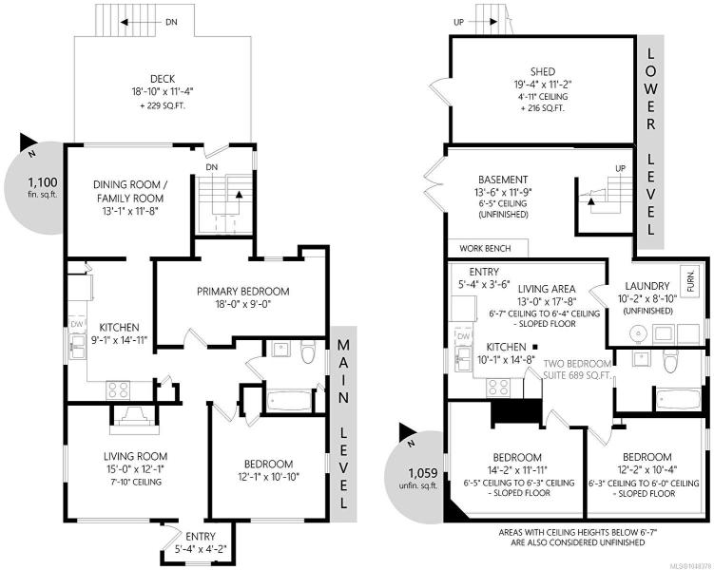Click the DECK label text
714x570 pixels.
click(x=163, y=79)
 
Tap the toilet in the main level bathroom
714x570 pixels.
click(x=308, y=351)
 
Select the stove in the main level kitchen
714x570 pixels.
click(x=118, y=389)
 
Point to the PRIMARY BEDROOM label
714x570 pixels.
click(x=242, y=291)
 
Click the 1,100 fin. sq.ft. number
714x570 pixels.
click(x=43, y=182)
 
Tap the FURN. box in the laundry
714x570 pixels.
click(x=690, y=281)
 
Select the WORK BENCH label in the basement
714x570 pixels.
click(x=485, y=248)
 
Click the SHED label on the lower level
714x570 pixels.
click(x=543, y=71)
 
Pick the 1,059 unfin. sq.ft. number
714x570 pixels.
click(x=423, y=473)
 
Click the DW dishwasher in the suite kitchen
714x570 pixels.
click(x=463, y=336)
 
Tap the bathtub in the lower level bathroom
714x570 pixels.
click(x=678, y=399)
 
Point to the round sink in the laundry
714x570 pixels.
click(x=638, y=334)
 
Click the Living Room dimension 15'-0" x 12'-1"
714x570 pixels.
click(x=135, y=469)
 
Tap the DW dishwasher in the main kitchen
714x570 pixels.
click(x=77, y=324)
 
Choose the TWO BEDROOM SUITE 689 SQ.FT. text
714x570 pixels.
click(x=577, y=370)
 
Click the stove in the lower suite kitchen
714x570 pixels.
click(x=497, y=388)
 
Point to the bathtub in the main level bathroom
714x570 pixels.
click(x=290, y=401)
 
